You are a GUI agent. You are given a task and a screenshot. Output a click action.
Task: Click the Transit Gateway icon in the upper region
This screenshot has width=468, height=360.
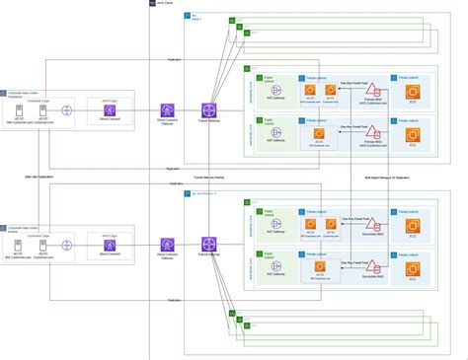tap(208, 111)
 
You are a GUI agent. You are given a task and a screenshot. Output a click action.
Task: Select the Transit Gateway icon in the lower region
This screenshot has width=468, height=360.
tap(208, 245)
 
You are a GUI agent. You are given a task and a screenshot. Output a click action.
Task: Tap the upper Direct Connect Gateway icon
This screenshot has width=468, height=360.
tap(167, 111)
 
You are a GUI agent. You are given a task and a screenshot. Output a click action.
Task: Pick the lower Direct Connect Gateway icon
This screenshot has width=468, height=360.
tap(167, 245)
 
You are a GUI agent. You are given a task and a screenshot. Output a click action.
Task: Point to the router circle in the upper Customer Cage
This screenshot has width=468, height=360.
tap(66, 111)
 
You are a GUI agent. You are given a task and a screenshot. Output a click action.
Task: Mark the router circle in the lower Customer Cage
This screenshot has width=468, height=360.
tap(66, 245)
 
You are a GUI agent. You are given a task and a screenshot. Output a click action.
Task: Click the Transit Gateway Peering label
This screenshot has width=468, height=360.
tap(208, 178)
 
